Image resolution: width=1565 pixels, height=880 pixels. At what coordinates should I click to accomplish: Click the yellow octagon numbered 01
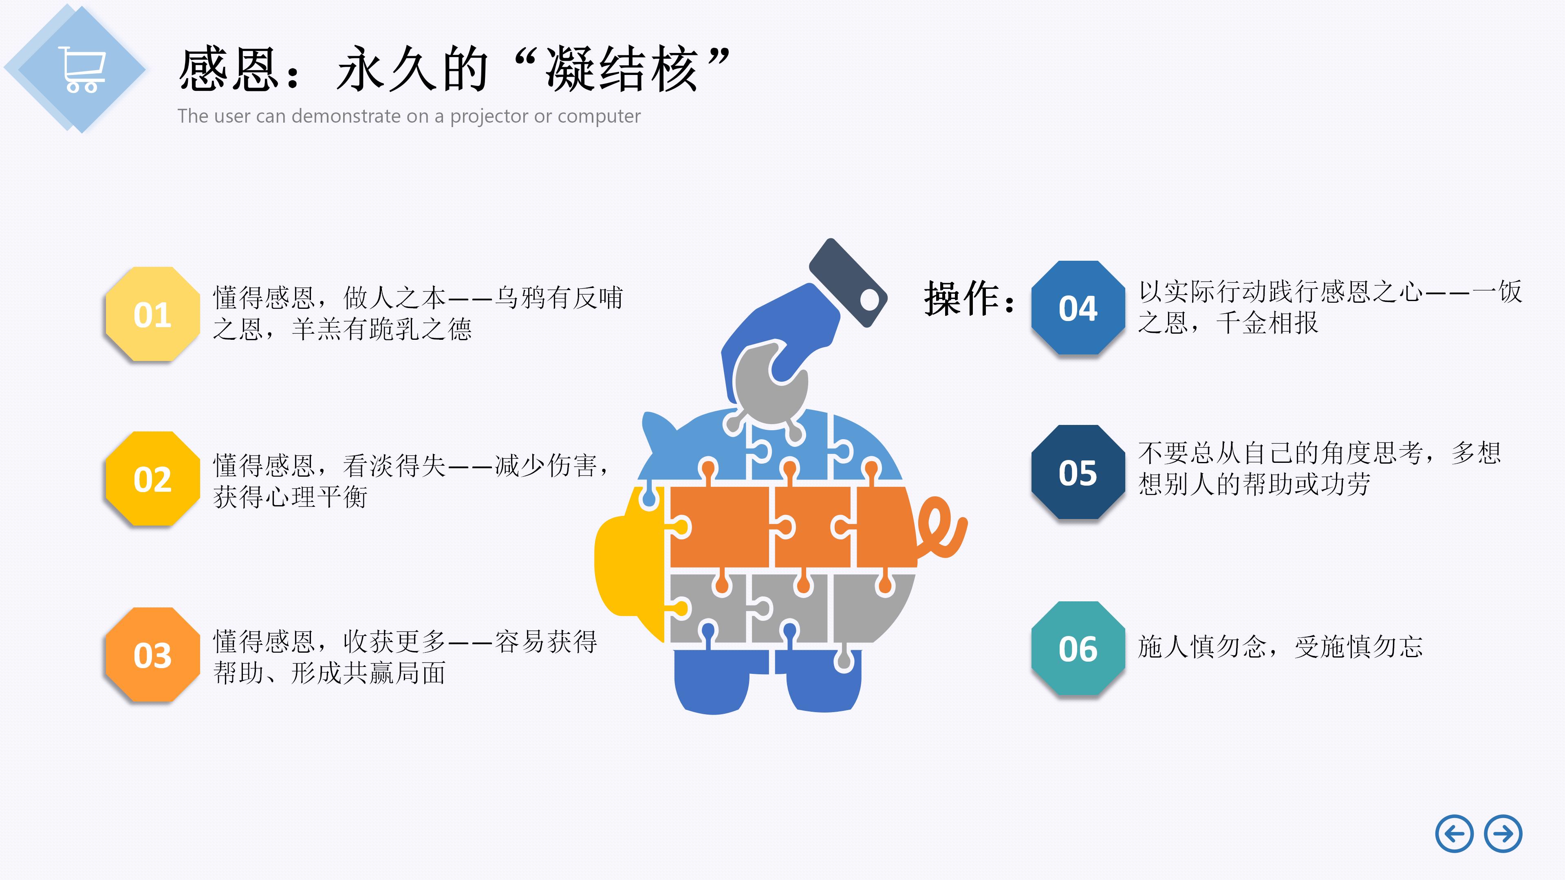click(152, 314)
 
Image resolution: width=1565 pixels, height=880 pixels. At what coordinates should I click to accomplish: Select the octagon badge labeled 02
click(152, 479)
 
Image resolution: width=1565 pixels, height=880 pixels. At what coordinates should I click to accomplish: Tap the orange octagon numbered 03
click(152, 655)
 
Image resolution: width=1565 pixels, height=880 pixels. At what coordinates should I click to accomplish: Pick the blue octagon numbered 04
click(1078, 308)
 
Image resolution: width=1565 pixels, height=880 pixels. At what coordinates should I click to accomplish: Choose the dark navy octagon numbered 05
click(1078, 473)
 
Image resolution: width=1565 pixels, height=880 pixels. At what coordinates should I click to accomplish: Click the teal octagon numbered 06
click(1078, 649)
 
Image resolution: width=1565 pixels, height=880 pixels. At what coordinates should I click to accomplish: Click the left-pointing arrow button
click(1454, 834)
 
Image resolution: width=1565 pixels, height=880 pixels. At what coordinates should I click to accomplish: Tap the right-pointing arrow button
click(1503, 834)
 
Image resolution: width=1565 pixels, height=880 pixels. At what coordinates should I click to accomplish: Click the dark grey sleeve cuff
click(848, 282)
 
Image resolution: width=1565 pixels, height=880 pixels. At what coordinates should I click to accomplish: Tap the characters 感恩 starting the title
click(229, 70)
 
